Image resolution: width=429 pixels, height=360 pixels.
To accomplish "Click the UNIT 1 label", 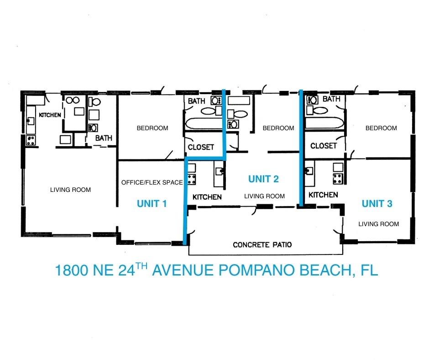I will pyautogui.click(x=152, y=204).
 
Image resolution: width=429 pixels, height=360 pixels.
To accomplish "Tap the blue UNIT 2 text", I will pyautogui.click(x=263, y=179).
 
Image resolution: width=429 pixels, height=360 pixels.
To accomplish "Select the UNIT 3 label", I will pyautogui.click(x=377, y=204).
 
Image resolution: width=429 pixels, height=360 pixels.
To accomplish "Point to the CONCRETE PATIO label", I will pyautogui.click(x=262, y=245).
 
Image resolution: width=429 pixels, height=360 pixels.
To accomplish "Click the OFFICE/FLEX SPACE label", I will pyautogui.click(x=152, y=182).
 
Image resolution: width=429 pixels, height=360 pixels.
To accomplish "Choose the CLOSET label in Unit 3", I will pyautogui.click(x=323, y=146).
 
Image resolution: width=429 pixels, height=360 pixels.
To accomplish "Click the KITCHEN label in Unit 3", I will pyautogui.click(x=323, y=195).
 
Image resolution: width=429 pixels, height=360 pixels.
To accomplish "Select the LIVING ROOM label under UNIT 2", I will pyautogui.click(x=264, y=196).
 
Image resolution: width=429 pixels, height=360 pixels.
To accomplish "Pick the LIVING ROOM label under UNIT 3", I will pyautogui.click(x=378, y=224).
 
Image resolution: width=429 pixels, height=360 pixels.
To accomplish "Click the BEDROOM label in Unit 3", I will pyautogui.click(x=381, y=128).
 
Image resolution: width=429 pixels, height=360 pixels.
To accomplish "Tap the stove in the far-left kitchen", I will pyautogui.click(x=31, y=140).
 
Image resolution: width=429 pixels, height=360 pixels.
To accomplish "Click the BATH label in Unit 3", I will pyautogui.click(x=331, y=99).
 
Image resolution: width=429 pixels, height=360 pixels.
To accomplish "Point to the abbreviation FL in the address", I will pyautogui.click(x=369, y=270).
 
